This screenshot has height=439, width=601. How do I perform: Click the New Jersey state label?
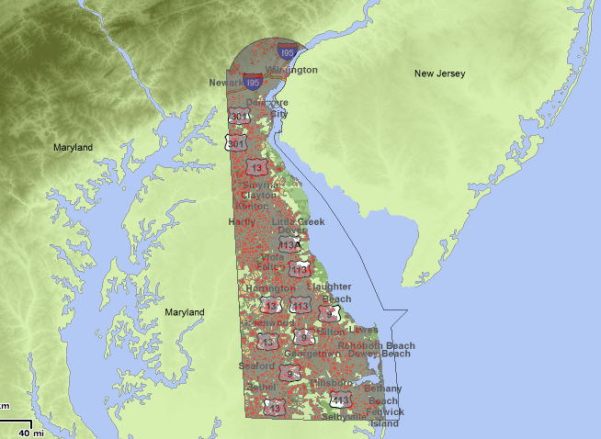(440, 73)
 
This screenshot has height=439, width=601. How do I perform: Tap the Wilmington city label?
(291, 70)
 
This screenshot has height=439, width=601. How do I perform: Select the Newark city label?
(226, 83)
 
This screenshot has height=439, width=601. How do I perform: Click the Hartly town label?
(242, 222)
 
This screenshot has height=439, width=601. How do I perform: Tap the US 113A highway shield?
(289, 245)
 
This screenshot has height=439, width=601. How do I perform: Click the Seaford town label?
(256, 366)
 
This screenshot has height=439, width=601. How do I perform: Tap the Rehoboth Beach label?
(376, 345)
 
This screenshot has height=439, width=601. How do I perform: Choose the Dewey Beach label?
(380, 354)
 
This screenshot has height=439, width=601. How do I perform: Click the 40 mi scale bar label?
(30, 432)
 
